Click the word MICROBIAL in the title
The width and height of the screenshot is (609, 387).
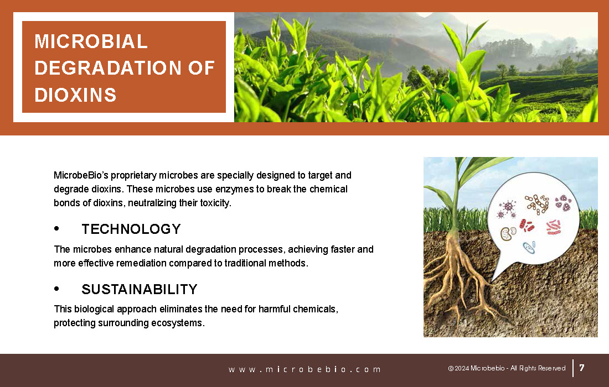point(91,41)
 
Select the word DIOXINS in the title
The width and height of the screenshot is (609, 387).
point(75,95)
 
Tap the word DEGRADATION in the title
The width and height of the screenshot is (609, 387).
point(108,68)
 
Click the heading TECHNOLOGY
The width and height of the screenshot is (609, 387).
point(131,229)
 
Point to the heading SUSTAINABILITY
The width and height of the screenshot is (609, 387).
point(140,289)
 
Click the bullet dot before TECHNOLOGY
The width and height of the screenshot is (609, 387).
point(56,228)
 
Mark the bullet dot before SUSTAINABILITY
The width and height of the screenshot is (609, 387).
point(56,289)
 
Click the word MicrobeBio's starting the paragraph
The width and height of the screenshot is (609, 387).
point(81,175)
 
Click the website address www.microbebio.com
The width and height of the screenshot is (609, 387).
point(304,369)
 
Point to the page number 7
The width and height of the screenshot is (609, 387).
point(582,368)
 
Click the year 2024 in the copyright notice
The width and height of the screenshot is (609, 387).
point(462,368)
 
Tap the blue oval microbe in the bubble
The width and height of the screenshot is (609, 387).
point(529,247)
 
